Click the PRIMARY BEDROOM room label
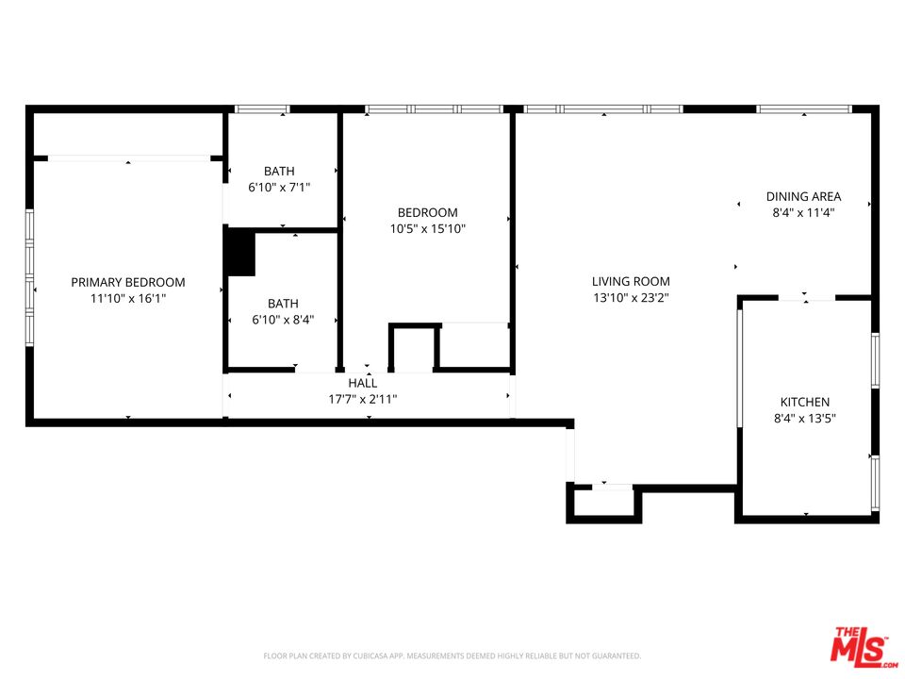click(x=128, y=282)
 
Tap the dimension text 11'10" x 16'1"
click(x=128, y=298)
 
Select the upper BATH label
click(x=279, y=171)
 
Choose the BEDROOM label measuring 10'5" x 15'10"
click(x=427, y=212)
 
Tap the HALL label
click(x=362, y=383)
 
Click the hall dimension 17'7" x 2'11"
click(x=362, y=399)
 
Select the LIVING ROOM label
click(x=631, y=281)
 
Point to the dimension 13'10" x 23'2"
click(x=631, y=297)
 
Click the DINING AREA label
click(x=803, y=197)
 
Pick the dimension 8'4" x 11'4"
click(x=803, y=213)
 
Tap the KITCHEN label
click(x=804, y=402)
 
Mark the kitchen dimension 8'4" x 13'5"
click(x=804, y=418)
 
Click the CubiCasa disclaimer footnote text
click(x=452, y=655)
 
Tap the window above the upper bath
click(x=261, y=109)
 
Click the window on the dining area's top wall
click(x=803, y=109)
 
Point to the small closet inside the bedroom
click(x=414, y=348)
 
